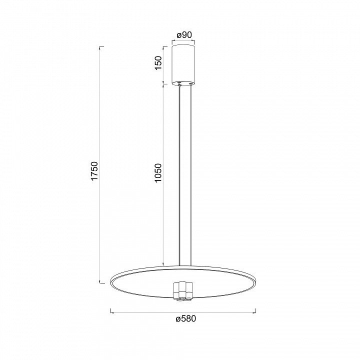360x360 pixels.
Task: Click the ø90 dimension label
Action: click(x=184, y=35)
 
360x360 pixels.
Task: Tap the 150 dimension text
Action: click(x=158, y=63)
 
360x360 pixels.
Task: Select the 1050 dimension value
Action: click(x=158, y=173)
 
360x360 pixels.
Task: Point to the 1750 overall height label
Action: click(x=94, y=171)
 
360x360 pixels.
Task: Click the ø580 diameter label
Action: click(x=186, y=318)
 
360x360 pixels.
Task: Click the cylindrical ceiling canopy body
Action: click(x=183, y=64)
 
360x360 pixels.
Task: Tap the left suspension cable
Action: click(x=179, y=175)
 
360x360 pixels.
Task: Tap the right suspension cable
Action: click(x=191, y=175)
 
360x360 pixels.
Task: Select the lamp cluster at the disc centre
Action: click(x=183, y=290)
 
